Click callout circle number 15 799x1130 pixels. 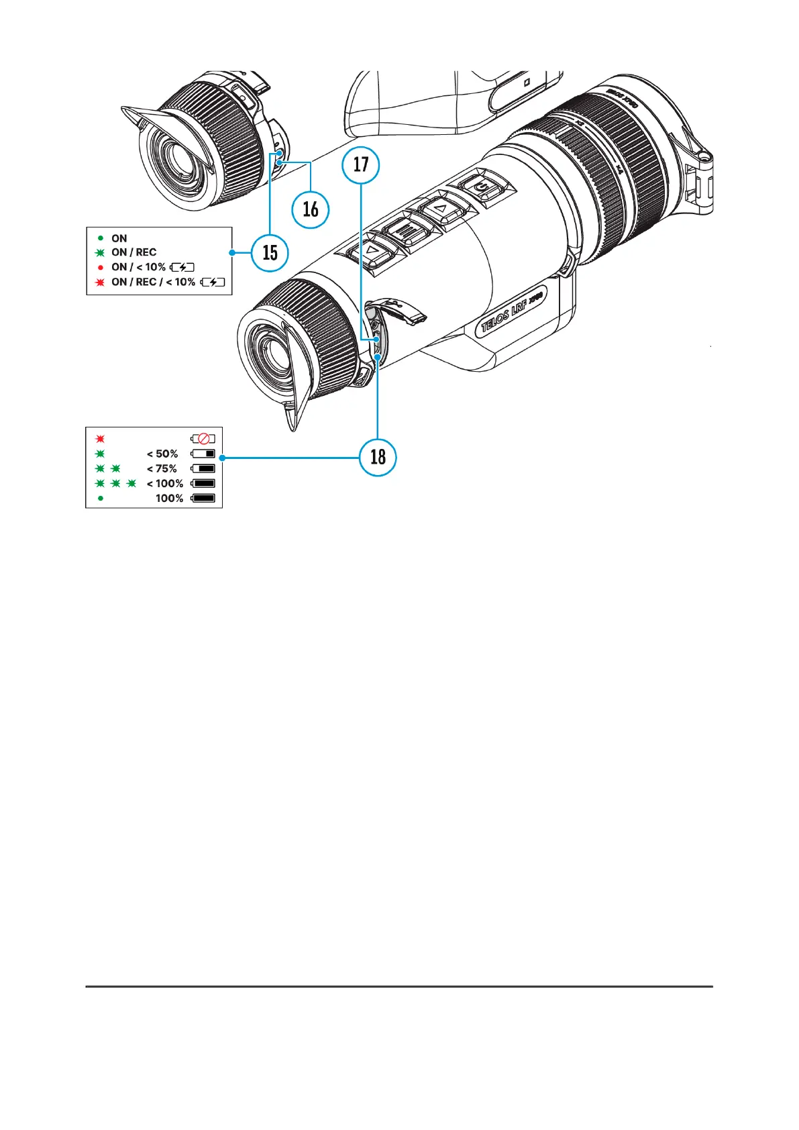[270, 252]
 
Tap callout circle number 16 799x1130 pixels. [311, 209]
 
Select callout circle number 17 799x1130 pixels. [361, 164]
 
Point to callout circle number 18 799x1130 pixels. [378, 457]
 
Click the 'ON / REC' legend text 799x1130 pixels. [134, 252]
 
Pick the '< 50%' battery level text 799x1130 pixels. [162, 454]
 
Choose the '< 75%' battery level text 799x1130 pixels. [162, 469]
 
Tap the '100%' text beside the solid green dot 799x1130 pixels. [169, 499]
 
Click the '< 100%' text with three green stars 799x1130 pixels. [164, 484]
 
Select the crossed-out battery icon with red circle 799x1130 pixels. [203, 439]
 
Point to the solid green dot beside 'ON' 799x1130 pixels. [101, 238]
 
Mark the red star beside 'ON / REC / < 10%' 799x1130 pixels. [101, 282]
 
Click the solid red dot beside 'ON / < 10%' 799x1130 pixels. [101, 268]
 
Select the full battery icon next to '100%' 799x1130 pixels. [203, 499]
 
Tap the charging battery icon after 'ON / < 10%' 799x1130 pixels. [182, 267]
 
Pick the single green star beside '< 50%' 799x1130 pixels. [101, 454]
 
